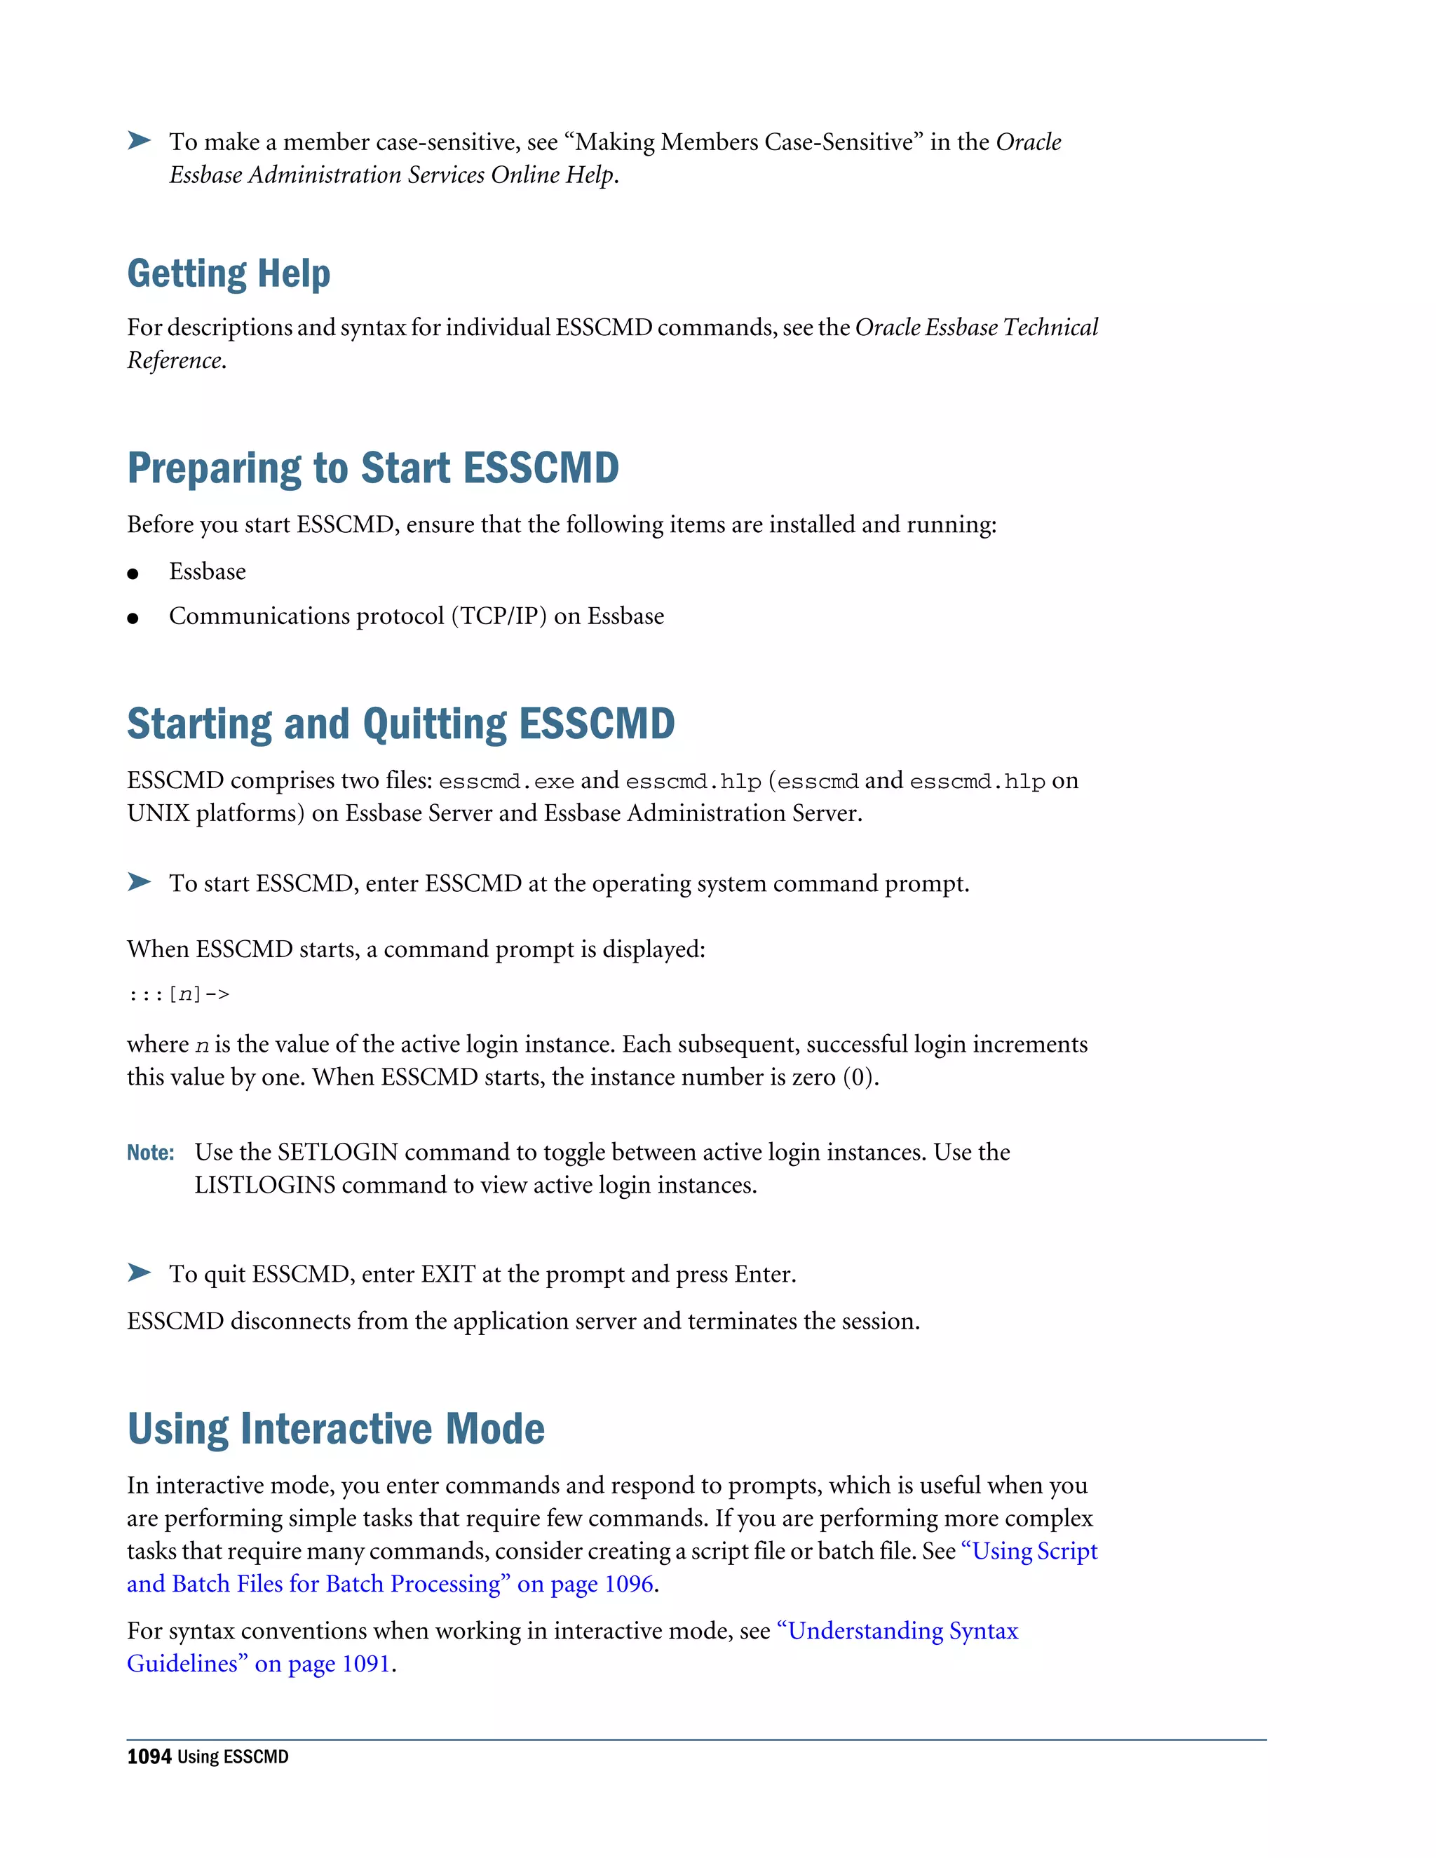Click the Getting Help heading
228,274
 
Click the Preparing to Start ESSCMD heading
372,468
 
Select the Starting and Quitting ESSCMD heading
400,724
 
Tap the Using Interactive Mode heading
336,1428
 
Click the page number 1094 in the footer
149,1757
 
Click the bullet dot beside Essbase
133,574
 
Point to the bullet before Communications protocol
133,618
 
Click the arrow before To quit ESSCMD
139,1273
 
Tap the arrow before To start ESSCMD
139,881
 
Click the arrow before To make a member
139,140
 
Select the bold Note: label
151,1153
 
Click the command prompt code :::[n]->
179,994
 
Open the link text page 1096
602,1584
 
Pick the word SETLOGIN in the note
338,1153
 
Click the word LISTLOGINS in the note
264,1185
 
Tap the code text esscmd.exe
506,782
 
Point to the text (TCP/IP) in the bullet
499,617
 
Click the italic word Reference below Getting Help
175,360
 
